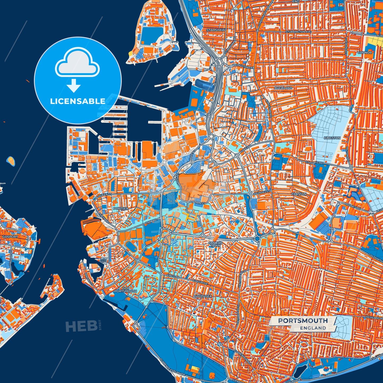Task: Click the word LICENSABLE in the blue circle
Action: click(78, 101)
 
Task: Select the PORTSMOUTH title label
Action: click(303, 321)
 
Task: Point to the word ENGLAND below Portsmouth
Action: click(313, 328)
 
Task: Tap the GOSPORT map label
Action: click(10, 237)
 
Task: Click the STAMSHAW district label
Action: click(216, 30)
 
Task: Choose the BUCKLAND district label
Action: click(283, 88)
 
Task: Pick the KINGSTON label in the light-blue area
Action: click(332, 138)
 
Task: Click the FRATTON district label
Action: click(299, 194)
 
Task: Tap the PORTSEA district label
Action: click(121, 209)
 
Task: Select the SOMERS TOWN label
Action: click(215, 244)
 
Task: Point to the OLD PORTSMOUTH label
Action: click(126, 289)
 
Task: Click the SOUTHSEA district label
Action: click(203, 296)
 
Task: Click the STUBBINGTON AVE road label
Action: click(298, 32)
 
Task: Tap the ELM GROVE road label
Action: click(200, 283)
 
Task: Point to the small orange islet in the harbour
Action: click(11, 160)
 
